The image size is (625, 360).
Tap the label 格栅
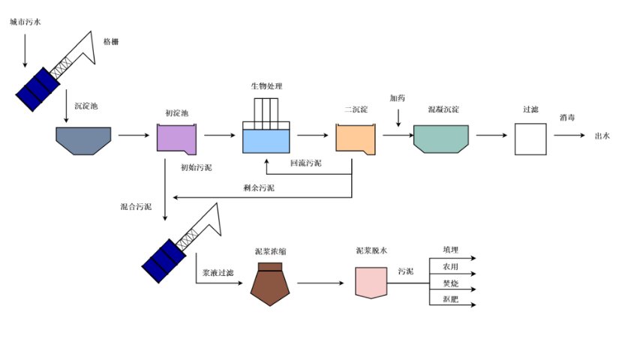pyautogui.click(x=110, y=41)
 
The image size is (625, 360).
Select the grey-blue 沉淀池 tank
pyautogui.click(x=83, y=139)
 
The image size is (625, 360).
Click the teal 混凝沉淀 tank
pyautogui.click(x=441, y=138)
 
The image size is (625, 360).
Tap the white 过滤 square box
pyautogui.click(x=530, y=139)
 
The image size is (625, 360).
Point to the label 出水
pyautogui.click(x=602, y=136)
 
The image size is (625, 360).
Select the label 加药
pyautogui.click(x=398, y=98)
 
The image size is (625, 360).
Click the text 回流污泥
pyautogui.click(x=305, y=163)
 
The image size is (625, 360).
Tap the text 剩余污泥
pyautogui.click(x=259, y=187)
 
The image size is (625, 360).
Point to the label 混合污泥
pyautogui.click(x=136, y=205)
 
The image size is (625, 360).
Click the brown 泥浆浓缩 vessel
pyautogui.click(x=270, y=283)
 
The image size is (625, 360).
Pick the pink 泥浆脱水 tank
pyautogui.click(x=371, y=283)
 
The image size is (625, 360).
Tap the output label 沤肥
pyautogui.click(x=450, y=300)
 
